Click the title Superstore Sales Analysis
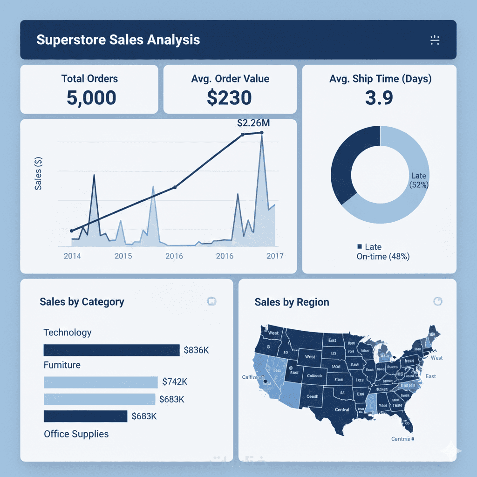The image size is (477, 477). (118, 40)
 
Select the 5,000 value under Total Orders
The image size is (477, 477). (91, 98)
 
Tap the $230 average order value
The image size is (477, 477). (230, 98)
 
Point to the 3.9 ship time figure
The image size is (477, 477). (380, 98)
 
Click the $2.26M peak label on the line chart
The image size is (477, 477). (253, 123)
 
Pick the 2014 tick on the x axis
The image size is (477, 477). (72, 256)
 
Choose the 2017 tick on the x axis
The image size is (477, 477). (274, 256)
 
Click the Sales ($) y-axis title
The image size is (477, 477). (39, 174)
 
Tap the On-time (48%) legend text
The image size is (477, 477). (383, 256)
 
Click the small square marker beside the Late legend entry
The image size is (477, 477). (359, 246)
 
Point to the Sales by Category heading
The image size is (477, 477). (82, 302)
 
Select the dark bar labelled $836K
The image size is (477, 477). (111, 350)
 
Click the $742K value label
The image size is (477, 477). (175, 382)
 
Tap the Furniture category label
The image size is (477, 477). (62, 365)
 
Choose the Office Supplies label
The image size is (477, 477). (76, 434)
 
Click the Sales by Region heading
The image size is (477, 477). (292, 302)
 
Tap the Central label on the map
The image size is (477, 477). (342, 410)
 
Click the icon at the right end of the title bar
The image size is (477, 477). (435, 40)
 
